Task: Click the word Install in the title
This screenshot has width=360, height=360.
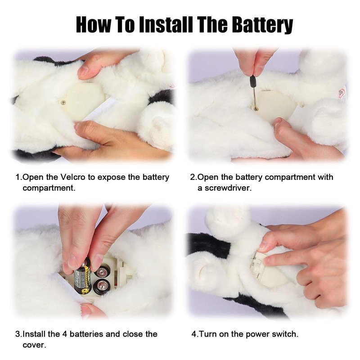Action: click(x=166, y=24)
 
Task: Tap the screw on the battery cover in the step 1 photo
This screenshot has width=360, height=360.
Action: click(x=63, y=103)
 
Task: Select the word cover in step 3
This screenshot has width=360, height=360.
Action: click(x=34, y=345)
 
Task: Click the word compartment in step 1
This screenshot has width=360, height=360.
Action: click(x=49, y=188)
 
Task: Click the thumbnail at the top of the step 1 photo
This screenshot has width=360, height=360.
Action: click(x=83, y=71)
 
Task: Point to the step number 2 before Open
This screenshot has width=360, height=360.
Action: click(x=193, y=177)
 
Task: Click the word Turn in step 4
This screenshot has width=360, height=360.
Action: click(x=208, y=334)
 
